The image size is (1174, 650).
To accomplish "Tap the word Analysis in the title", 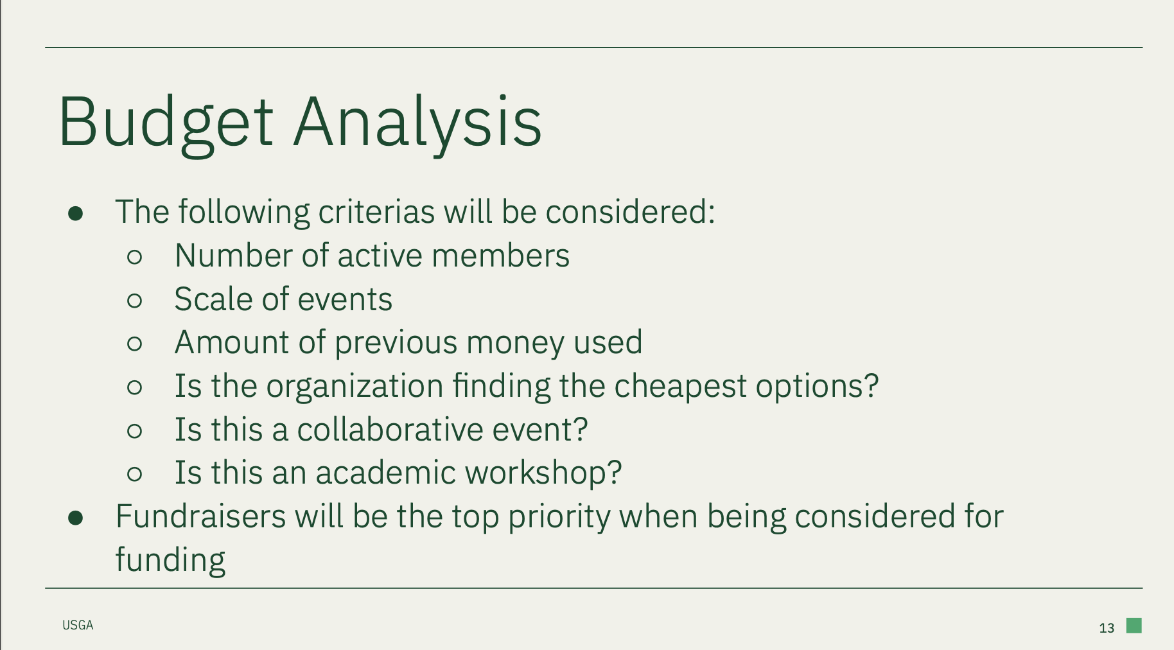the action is click(418, 122).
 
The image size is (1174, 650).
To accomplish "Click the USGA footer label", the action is click(78, 625).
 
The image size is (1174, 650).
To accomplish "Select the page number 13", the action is click(1107, 628).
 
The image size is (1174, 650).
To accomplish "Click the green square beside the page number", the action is click(1134, 625).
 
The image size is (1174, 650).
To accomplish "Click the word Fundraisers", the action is click(200, 516).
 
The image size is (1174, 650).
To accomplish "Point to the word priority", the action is click(559, 518).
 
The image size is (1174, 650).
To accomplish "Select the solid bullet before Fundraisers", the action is click(76, 518).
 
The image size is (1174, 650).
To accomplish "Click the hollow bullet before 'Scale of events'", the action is click(134, 301).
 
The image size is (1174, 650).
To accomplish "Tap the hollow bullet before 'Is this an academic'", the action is click(134, 474).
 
